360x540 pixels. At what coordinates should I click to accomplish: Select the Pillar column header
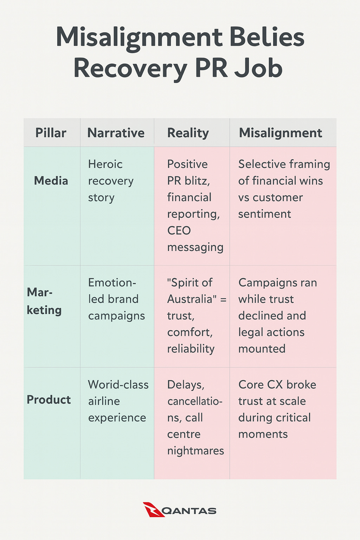click(x=51, y=133)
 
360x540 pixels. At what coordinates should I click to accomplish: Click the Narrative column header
click(x=116, y=133)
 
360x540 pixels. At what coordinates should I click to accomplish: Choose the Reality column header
click(x=188, y=133)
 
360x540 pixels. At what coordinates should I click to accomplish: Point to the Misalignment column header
click(x=280, y=133)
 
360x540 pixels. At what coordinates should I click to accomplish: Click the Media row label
click(x=51, y=181)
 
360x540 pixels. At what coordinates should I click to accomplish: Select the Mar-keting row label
click(x=44, y=301)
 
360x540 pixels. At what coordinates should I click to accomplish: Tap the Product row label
click(x=49, y=400)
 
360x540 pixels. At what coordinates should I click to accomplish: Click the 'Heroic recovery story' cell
click(x=111, y=181)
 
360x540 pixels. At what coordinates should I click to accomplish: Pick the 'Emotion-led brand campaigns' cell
click(x=116, y=299)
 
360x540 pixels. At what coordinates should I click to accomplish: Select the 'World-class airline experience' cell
click(x=118, y=401)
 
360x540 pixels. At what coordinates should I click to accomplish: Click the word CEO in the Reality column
click(x=179, y=231)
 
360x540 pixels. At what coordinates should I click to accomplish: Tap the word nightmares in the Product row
click(x=195, y=451)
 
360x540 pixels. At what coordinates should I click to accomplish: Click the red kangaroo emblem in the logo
click(x=153, y=509)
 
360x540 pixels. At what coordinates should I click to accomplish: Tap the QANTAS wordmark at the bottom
click(x=190, y=511)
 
